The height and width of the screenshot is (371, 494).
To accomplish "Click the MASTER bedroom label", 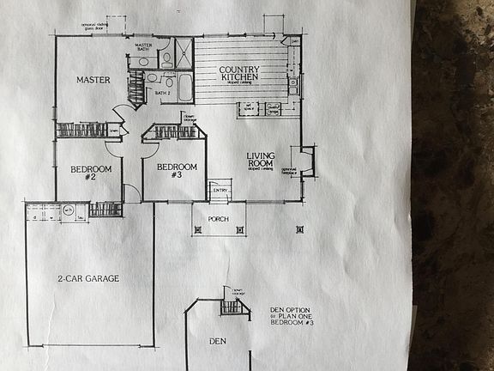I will (x=93, y=80).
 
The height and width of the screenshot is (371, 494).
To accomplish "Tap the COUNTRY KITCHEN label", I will (x=239, y=75).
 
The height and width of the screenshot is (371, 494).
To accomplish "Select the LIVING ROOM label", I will (x=260, y=158).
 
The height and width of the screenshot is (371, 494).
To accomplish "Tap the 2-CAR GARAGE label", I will (x=88, y=278).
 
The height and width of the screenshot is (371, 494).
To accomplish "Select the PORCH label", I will (x=219, y=219).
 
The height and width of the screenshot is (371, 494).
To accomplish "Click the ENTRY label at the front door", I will (x=220, y=190).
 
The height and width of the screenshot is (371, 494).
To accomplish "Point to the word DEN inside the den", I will (x=218, y=341).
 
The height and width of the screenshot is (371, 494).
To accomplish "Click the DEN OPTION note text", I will (x=290, y=315).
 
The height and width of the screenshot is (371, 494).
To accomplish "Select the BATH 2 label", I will (x=162, y=92).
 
